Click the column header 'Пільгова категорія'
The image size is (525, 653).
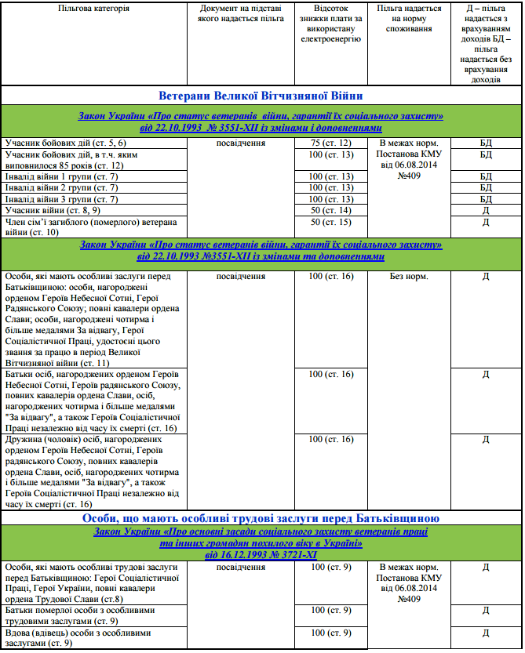point(94,9)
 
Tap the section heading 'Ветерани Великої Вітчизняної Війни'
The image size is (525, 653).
point(261,95)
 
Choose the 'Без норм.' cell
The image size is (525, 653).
point(409,278)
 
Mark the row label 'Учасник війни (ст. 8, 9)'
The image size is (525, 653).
point(54,211)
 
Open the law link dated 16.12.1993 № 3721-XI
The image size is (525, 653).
point(261,553)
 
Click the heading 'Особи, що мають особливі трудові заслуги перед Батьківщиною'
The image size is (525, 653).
point(261,519)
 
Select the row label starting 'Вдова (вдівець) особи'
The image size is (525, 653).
point(78,637)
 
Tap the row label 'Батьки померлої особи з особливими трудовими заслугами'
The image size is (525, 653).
point(79,615)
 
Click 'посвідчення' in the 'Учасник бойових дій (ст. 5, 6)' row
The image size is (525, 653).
point(239,144)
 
